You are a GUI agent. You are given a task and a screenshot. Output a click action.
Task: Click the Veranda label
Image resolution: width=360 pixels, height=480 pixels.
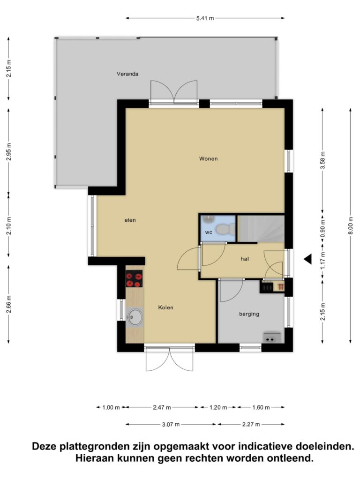[x=127, y=74]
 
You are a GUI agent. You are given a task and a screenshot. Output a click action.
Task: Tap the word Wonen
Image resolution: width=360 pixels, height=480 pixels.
[x=208, y=158]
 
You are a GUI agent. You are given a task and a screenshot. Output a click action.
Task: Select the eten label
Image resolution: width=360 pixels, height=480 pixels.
[x=130, y=220]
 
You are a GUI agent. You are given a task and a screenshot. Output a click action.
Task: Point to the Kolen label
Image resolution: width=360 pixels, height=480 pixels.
[x=165, y=307]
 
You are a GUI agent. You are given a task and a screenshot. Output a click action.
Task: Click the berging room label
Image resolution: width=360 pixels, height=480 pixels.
[x=249, y=314]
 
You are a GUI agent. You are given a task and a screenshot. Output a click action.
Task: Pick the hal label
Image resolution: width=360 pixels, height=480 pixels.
[x=245, y=259]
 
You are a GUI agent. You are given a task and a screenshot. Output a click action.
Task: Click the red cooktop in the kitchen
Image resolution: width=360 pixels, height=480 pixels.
[x=134, y=278]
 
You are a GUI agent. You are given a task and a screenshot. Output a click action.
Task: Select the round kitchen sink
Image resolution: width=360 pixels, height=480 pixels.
[x=135, y=317]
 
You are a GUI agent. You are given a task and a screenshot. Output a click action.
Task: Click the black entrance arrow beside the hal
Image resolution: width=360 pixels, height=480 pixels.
[x=307, y=259]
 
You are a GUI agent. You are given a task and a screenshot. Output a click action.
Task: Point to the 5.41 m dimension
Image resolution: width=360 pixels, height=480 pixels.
[x=205, y=18]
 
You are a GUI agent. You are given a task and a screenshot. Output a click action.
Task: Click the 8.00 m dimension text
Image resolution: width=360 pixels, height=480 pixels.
[x=351, y=225]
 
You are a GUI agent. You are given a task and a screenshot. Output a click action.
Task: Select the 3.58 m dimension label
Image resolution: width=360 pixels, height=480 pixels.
[x=322, y=160]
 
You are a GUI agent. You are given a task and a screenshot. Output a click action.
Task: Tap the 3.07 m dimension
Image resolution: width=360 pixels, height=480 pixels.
[x=171, y=424]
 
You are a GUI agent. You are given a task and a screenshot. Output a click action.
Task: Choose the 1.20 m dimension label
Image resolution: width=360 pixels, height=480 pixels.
[x=218, y=407]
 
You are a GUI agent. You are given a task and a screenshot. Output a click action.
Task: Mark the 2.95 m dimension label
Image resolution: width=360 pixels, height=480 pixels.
[x=9, y=152]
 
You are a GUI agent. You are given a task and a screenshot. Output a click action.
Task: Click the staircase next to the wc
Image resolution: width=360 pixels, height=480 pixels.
[x=261, y=228]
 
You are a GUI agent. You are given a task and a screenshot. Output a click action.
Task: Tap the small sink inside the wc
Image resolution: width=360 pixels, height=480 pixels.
[x=208, y=218]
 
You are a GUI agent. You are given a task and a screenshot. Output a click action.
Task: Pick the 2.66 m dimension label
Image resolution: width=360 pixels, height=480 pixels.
[x=9, y=304]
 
